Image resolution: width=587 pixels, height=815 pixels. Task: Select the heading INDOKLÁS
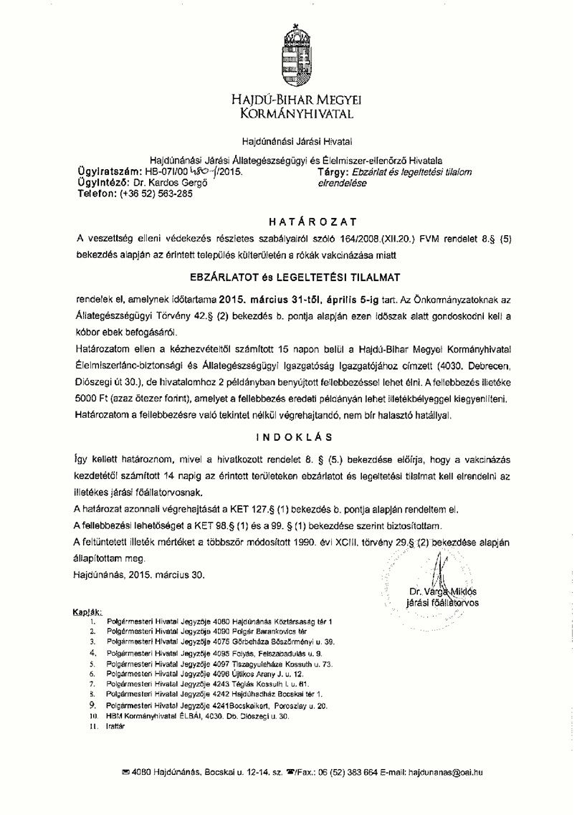click(x=293, y=436)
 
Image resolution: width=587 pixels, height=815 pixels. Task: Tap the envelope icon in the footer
click(x=127, y=772)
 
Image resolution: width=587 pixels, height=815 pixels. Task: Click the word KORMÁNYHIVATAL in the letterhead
click(x=294, y=113)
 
